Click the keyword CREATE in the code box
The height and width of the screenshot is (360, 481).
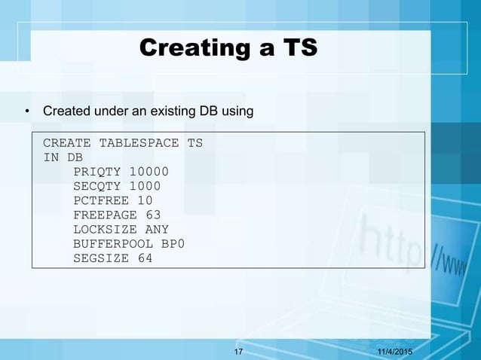tap(67, 143)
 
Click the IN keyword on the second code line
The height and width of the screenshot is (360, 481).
tap(51, 157)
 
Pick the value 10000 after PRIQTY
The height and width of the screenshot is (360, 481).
tap(149, 172)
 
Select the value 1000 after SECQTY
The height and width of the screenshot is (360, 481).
tap(145, 186)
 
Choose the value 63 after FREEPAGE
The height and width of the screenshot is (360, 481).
tap(153, 215)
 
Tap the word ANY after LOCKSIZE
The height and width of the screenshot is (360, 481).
tap(157, 229)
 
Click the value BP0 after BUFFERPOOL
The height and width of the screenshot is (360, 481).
tap(173, 244)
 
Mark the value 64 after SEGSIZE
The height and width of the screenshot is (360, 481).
tap(145, 258)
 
